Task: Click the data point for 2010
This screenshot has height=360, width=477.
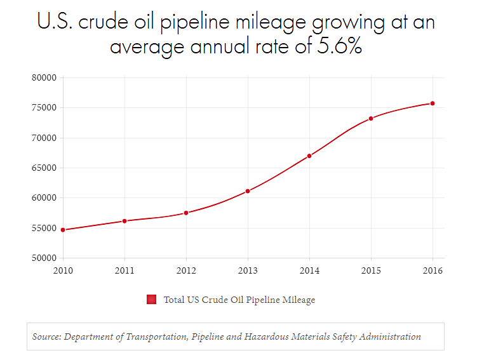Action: click(63, 230)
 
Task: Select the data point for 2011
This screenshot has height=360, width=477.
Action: click(124, 221)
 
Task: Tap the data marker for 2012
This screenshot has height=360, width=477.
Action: click(186, 213)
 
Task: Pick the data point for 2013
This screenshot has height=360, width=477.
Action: click(248, 191)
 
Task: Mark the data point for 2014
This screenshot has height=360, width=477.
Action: click(309, 156)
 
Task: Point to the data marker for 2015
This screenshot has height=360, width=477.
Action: click(371, 118)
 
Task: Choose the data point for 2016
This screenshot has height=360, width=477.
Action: click(433, 103)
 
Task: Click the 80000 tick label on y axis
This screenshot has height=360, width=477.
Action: click(44, 78)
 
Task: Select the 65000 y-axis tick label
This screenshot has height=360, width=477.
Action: click(44, 168)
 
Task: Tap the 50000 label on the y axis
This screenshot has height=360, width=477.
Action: click(44, 258)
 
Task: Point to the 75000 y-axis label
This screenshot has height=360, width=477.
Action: click(44, 108)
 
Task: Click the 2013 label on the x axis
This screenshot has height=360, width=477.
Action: click(248, 270)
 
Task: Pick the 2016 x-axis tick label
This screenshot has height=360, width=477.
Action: click(433, 270)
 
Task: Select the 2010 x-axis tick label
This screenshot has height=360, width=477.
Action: click(63, 270)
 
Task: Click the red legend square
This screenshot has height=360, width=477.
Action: click(151, 300)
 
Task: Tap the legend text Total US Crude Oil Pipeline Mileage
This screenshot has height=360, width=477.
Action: click(239, 300)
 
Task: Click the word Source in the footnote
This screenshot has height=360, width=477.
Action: click(46, 337)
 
